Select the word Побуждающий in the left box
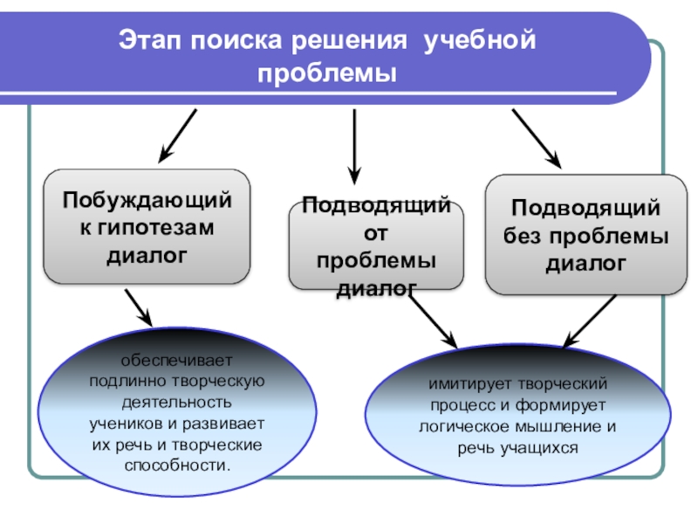pyautogui.click(x=147, y=200)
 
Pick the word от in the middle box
pyautogui.click(x=377, y=233)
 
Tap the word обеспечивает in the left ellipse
pyautogui.click(x=177, y=360)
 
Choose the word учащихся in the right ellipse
pyautogui.click(x=543, y=448)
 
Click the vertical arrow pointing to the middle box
pyautogui.click(x=354, y=144)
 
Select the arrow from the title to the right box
pyautogui.click(x=536, y=137)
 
